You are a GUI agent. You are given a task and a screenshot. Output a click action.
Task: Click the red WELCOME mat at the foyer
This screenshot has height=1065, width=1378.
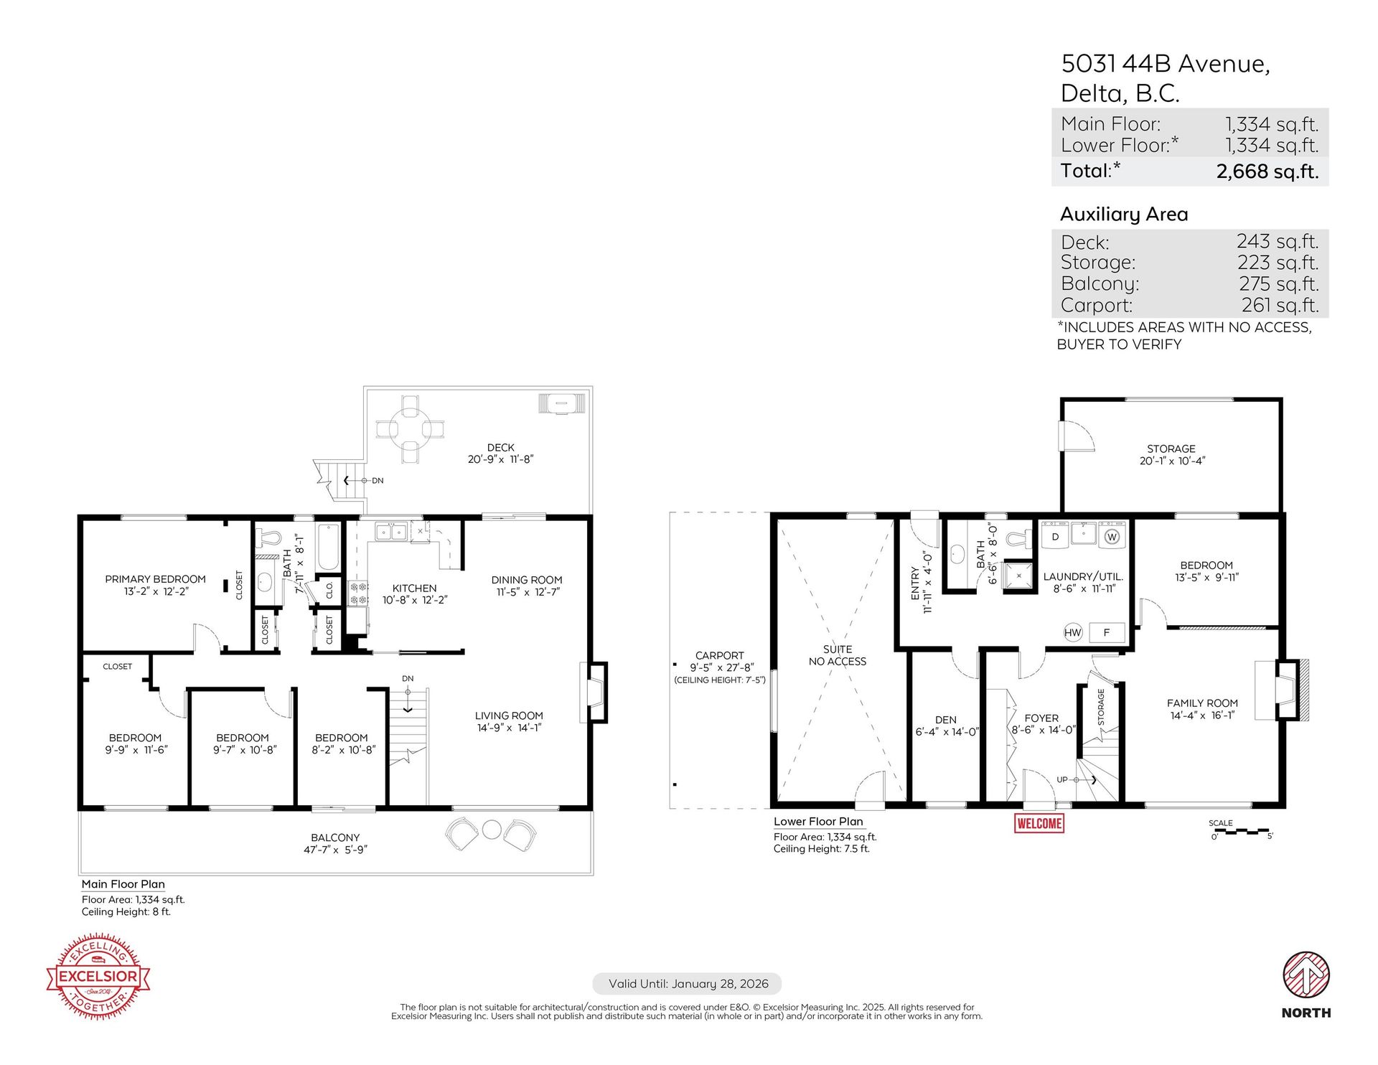[1039, 823]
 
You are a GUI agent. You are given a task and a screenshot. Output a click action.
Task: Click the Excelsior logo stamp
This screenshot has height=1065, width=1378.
[98, 976]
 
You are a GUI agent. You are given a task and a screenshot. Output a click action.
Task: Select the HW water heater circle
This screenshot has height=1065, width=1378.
[1072, 632]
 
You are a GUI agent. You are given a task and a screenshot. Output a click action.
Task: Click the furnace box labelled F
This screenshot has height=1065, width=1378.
[1107, 632]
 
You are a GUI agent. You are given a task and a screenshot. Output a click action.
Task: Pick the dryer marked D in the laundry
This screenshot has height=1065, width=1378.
[1055, 536]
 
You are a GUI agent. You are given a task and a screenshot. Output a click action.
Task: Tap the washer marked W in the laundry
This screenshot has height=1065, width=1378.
[1112, 536]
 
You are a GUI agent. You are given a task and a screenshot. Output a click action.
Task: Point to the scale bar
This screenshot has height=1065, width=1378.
[1241, 831]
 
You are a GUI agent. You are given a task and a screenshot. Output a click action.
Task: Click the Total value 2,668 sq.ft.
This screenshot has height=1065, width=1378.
[1267, 172]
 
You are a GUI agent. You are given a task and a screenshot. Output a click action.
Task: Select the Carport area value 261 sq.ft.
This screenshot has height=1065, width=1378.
[1280, 305]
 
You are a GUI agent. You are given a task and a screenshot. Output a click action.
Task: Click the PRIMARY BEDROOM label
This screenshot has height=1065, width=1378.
[155, 579]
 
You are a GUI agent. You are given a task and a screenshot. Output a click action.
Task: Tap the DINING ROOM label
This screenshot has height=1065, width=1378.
[527, 580]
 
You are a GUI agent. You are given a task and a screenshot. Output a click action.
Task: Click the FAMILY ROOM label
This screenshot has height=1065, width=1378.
[1202, 703]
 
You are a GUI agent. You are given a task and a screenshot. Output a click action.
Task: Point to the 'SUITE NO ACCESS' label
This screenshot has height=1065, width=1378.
[838, 655]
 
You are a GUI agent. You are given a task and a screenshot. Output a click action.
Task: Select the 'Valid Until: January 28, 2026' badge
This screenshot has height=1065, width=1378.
[688, 984]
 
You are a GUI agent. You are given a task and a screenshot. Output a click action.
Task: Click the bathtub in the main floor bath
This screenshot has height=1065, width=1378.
[328, 547]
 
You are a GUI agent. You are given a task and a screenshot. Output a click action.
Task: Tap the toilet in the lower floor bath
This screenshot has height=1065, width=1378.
[1018, 538]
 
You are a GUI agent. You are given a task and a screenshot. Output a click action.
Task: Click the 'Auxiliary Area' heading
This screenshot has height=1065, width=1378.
[1124, 214]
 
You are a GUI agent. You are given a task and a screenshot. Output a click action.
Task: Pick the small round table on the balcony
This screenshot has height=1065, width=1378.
[492, 829]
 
